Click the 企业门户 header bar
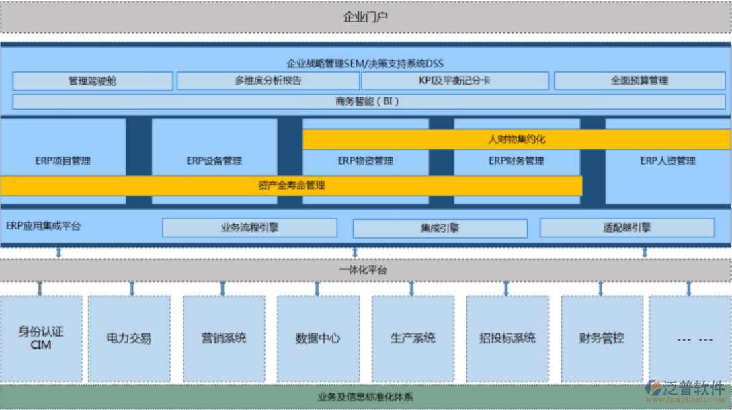pos(366,17)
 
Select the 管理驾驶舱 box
pos(93,81)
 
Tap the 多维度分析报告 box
pos(268,81)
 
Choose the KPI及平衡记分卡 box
pos(454,81)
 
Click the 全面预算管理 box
pos(640,81)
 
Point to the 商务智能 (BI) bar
pos(368,101)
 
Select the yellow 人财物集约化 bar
pos(516,140)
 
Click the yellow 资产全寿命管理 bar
pos(291,186)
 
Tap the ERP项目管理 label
pos(63,161)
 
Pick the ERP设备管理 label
pos(214,161)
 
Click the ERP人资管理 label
pos(667,161)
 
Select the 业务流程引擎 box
pos(249,228)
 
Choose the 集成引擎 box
pos(440,228)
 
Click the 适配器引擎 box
pos(626,228)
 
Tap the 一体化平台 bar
pos(366,270)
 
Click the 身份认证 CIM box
pos(41,338)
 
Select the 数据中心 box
pos(318,338)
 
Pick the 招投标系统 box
pos(507,338)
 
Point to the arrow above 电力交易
pos(132,288)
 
